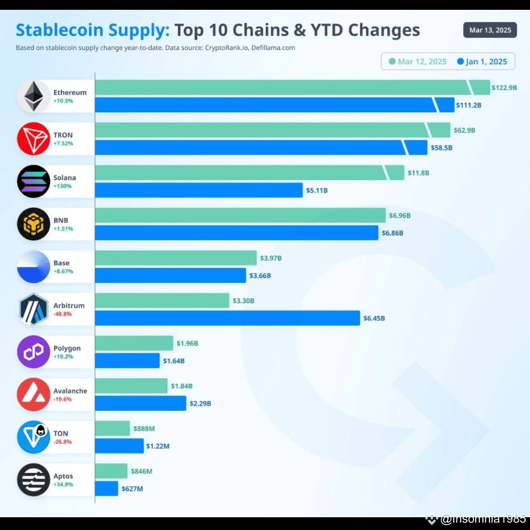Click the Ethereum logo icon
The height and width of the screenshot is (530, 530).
point(33,96)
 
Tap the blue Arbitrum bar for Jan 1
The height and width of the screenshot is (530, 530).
point(227,318)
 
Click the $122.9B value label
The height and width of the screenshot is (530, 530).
point(504,87)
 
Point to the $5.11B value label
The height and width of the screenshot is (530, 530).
point(317,190)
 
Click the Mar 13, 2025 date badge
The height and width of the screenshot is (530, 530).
point(490,30)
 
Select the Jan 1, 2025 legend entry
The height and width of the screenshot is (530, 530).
point(482,61)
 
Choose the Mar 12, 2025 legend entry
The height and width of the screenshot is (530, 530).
point(418,61)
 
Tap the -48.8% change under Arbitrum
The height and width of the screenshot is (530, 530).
point(63,314)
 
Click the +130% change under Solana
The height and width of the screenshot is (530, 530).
point(62,186)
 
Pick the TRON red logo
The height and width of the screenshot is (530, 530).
point(33,138)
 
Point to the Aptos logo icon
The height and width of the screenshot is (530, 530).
point(33,479)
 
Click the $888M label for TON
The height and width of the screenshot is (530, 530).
point(144,428)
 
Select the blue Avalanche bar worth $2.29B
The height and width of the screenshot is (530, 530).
point(140,403)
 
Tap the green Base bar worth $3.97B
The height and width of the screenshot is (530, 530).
point(175,258)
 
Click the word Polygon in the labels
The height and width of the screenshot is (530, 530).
point(67,348)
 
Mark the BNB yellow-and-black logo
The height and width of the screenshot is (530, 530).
point(33,224)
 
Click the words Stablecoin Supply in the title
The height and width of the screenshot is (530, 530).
point(92,30)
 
